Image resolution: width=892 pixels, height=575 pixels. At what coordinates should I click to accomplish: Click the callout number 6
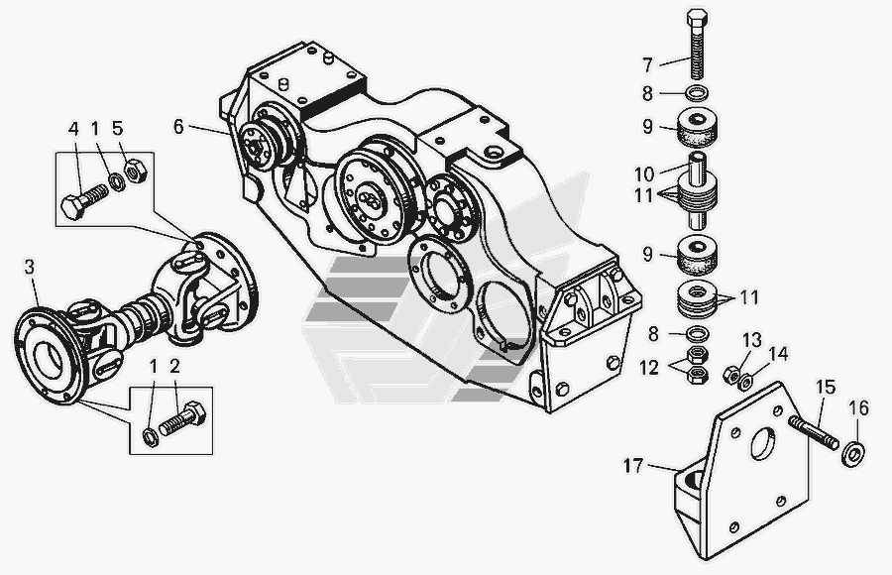click(178, 126)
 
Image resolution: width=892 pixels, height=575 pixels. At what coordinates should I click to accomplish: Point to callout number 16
click(858, 406)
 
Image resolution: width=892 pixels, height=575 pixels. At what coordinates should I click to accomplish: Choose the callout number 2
click(174, 367)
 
